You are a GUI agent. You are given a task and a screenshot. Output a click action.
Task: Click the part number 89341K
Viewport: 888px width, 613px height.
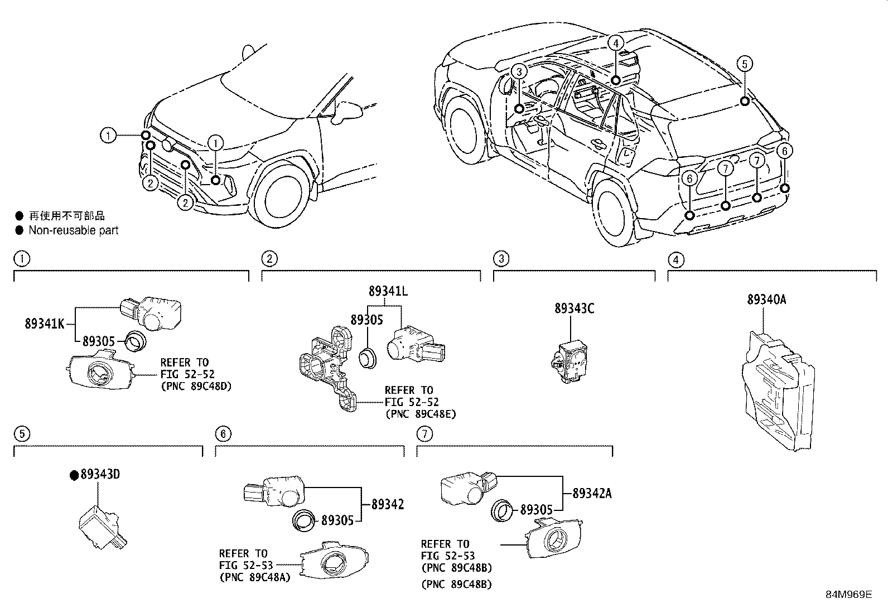(x=45, y=324)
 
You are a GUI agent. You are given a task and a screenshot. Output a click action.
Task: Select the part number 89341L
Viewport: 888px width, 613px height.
(x=388, y=291)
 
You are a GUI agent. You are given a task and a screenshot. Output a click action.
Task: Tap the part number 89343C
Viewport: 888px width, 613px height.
(x=575, y=308)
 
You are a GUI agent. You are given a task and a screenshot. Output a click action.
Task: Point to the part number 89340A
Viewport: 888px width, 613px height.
(x=767, y=300)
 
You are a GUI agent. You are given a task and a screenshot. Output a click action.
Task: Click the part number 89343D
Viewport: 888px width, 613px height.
(x=100, y=474)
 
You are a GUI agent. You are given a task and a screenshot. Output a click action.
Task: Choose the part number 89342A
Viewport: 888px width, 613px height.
(x=592, y=493)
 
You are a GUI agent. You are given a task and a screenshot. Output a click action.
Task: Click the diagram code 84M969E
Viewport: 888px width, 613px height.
(x=849, y=595)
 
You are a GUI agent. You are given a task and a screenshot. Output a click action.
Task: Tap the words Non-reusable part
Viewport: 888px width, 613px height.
(x=74, y=230)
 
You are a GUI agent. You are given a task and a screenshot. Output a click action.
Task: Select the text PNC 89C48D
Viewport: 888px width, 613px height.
(x=196, y=386)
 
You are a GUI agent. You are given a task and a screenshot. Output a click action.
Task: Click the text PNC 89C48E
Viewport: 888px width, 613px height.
(x=421, y=414)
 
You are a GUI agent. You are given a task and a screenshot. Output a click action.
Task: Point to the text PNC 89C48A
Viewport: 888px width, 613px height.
(x=255, y=577)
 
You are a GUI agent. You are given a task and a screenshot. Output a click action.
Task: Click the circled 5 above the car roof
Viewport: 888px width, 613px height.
(x=745, y=64)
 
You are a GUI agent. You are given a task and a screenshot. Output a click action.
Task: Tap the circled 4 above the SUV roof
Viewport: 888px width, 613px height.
(x=616, y=43)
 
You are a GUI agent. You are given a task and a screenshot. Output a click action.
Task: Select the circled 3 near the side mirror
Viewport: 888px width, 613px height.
(x=519, y=71)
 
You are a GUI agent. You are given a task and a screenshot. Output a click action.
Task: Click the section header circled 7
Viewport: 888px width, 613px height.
(x=424, y=434)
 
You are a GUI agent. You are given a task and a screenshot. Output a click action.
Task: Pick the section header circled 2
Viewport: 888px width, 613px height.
(x=269, y=259)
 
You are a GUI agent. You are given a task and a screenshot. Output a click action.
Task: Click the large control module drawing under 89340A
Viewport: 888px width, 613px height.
(x=778, y=390)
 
